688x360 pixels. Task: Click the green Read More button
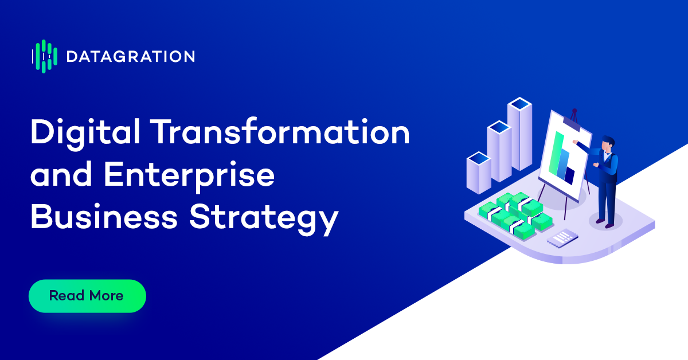click(x=87, y=296)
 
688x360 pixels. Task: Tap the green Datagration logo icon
click(x=45, y=57)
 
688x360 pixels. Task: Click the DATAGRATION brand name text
click(x=131, y=57)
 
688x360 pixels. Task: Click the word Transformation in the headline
click(x=282, y=131)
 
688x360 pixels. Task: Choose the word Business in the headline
click(x=104, y=216)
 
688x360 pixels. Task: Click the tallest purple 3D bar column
click(x=519, y=134)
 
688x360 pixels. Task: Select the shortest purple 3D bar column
click(x=479, y=173)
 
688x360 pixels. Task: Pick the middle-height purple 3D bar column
click(x=499, y=151)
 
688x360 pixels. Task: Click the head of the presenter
click(x=608, y=144)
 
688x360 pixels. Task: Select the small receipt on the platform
click(x=562, y=238)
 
